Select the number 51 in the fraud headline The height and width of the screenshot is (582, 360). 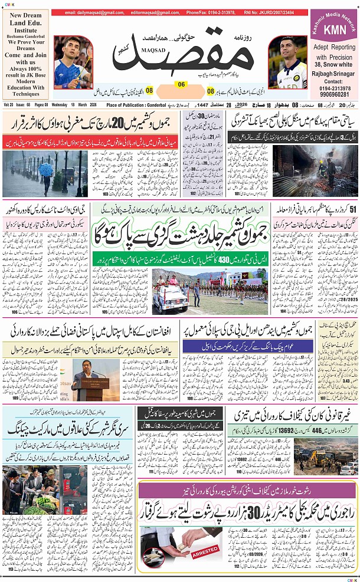point(353,210)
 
